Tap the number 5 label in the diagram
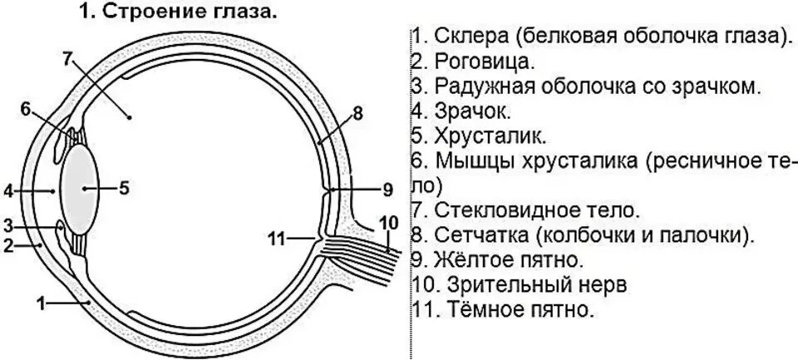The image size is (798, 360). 124,188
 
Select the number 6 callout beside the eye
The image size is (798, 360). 26,109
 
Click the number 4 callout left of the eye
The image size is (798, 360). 7,191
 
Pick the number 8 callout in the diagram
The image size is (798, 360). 358,114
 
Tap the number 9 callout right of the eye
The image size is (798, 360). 387,190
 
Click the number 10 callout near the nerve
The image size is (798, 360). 388,222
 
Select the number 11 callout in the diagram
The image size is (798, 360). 277,239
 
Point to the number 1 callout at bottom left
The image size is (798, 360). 40,303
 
